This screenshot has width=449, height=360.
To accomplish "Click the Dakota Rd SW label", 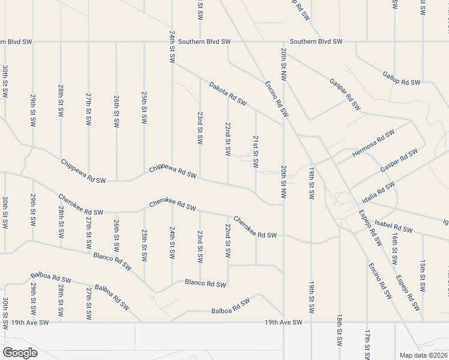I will [228, 94].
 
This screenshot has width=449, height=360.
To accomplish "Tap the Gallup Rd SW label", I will [401, 78].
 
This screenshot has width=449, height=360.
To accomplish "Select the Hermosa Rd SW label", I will [373, 143].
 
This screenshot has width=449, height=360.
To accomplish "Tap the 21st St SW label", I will [256, 151].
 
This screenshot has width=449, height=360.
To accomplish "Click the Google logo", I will [20, 353].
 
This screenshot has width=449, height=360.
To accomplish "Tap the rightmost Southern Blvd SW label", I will [316, 41].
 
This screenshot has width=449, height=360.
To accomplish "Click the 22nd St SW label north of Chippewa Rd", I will [228, 139].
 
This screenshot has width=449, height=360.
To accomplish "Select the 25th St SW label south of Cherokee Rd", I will [144, 245].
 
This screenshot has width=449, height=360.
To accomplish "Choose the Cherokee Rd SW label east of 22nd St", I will [255, 227].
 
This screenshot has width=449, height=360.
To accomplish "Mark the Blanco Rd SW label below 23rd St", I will [205, 283].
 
